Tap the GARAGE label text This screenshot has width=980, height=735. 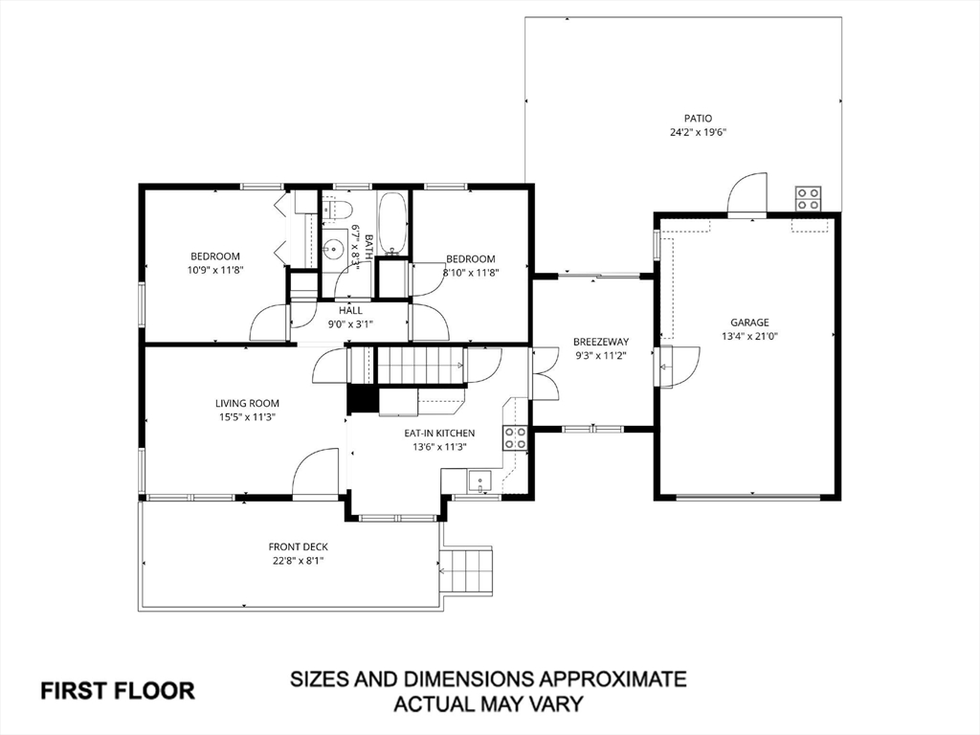point(750,323)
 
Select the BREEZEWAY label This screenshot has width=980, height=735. point(600,342)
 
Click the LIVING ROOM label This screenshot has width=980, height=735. point(247,403)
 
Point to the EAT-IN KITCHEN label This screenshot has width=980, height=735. point(438,433)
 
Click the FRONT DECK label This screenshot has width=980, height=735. point(298,547)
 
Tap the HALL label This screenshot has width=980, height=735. point(350,310)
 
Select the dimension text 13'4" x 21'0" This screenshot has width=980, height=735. point(750,337)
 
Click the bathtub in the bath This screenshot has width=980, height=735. point(392,223)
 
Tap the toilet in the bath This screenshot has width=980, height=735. point(337,209)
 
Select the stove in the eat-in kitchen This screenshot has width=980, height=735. point(515,438)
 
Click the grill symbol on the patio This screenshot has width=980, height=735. point(808,197)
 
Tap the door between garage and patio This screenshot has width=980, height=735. point(747,195)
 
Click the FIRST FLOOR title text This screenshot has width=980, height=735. point(117,690)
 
